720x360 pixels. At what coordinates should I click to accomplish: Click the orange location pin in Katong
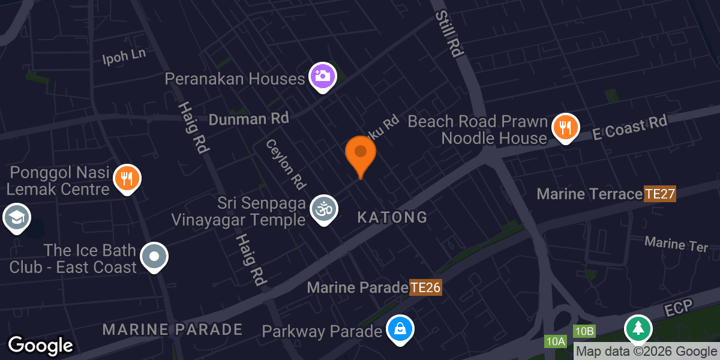tap(361, 154)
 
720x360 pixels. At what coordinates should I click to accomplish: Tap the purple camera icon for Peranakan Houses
tap(323, 76)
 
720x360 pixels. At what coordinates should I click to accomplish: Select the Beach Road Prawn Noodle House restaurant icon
tap(565, 127)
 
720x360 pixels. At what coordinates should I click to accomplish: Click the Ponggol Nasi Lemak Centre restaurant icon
tap(127, 178)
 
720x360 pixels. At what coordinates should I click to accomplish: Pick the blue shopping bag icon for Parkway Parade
tap(400, 329)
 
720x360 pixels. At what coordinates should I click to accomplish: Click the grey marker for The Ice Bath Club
tap(154, 257)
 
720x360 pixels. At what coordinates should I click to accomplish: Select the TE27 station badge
tap(660, 194)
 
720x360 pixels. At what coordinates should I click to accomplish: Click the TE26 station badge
tap(425, 287)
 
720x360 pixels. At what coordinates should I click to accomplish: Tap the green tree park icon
tap(638, 328)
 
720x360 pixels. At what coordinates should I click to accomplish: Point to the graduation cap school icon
tap(16, 217)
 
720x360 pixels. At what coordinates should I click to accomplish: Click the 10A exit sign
tap(556, 341)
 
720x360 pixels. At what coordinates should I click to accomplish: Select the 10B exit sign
tap(584, 331)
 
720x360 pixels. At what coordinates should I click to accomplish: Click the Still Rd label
tap(448, 34)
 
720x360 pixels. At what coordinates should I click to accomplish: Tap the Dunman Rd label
tap(248, 119)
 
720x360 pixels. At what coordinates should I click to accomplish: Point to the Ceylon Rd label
tap(286, 163)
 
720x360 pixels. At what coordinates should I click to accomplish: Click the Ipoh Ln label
tap(124, 57)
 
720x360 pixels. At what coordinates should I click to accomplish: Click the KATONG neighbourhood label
tap(392, 217)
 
